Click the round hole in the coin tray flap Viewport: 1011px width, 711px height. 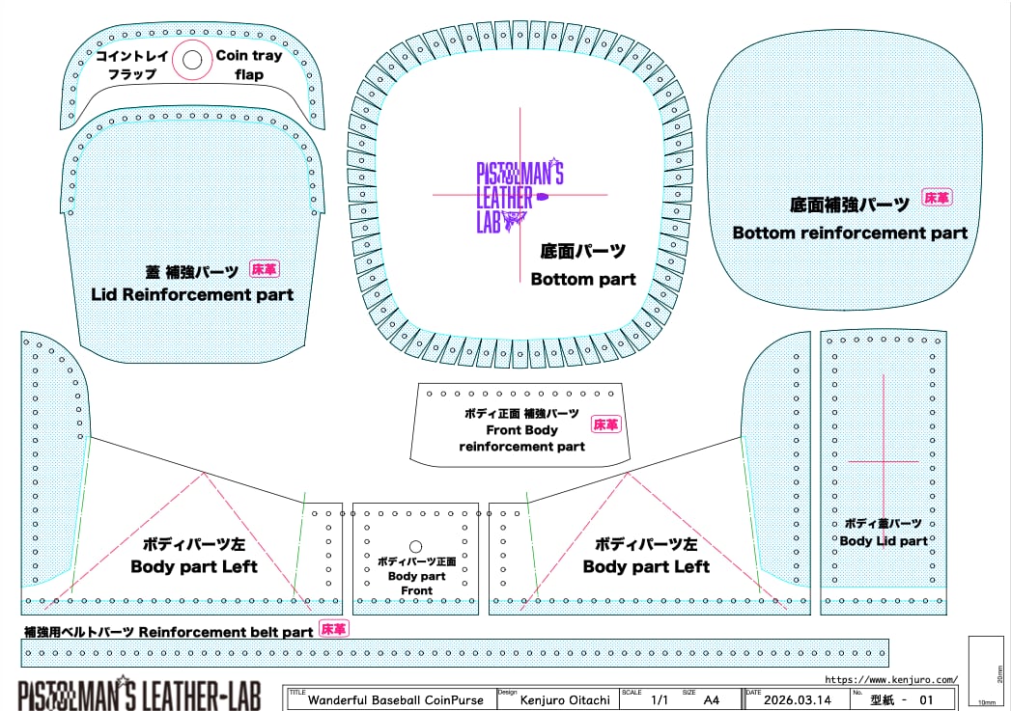(192, 60)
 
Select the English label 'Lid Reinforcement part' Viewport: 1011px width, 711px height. (192, 294)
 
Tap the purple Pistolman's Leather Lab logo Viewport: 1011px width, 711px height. (520, 197)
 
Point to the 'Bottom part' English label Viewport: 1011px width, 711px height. (583, 279)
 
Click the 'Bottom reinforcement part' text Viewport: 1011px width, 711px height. (850, 232)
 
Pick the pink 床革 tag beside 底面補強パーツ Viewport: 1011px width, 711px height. (937, 198)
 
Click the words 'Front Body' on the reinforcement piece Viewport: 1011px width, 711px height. (521, 430)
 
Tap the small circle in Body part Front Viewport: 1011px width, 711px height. (416, 546)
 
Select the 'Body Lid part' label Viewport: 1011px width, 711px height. (884, 541)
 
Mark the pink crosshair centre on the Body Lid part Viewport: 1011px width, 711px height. (884, 461)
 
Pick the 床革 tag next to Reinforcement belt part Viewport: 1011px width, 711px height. (333, 629)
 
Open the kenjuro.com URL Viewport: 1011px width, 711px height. (892, 680)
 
